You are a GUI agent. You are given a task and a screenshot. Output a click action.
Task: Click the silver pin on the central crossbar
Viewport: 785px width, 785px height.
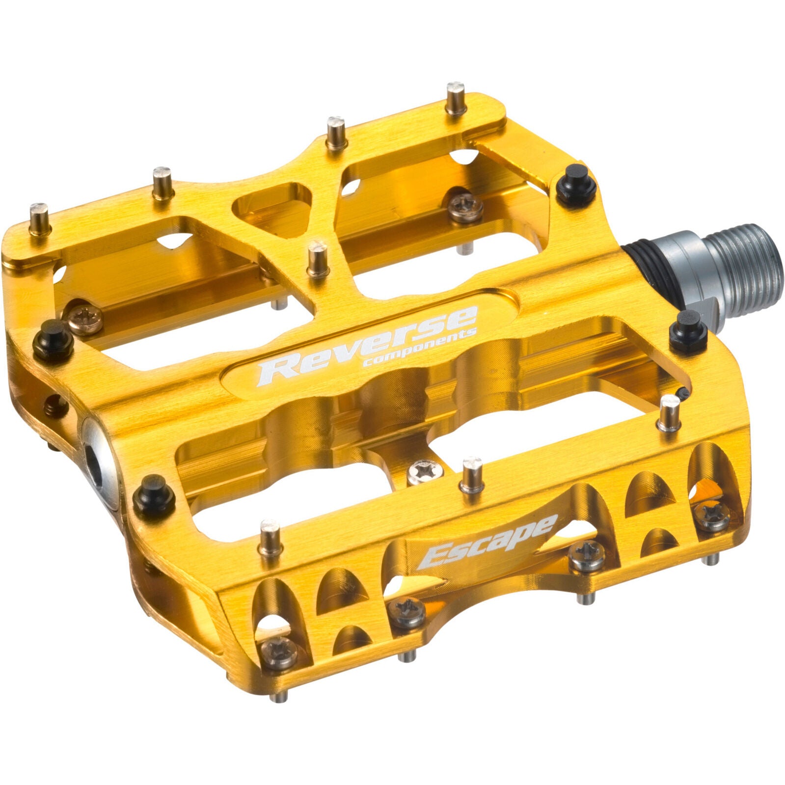coord(318,258)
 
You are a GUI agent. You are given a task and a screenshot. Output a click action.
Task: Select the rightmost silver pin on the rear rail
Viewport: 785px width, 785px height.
coord(456,98)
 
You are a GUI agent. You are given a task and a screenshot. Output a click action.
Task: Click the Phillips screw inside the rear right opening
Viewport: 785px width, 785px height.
coord(465,206)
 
